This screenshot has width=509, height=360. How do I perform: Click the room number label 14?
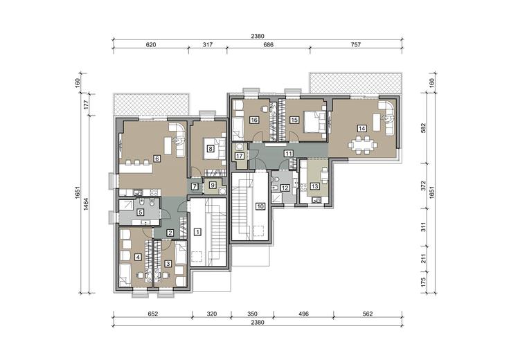(361, 129)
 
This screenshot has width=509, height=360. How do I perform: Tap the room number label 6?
(157, 159)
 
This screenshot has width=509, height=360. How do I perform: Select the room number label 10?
(260, 206)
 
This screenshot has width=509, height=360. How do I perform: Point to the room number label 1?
(197, 232)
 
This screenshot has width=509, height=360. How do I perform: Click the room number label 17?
(240, 156)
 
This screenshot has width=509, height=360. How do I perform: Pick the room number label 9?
(213, 185)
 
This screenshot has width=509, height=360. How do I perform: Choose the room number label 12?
(285, 188)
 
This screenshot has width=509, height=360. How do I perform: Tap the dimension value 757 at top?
(356, 44)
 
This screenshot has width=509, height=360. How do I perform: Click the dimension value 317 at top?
(208, 44)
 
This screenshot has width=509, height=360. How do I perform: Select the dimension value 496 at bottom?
(303, 314)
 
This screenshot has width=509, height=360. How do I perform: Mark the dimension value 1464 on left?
(86, 204)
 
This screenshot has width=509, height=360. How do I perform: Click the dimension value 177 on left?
(86, 105)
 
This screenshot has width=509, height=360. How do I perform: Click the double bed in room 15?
(314, 122)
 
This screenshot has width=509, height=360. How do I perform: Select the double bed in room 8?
(215, 149)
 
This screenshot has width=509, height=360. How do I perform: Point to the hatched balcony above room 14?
(356, 83)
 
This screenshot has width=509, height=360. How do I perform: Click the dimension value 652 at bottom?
(152, 314)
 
